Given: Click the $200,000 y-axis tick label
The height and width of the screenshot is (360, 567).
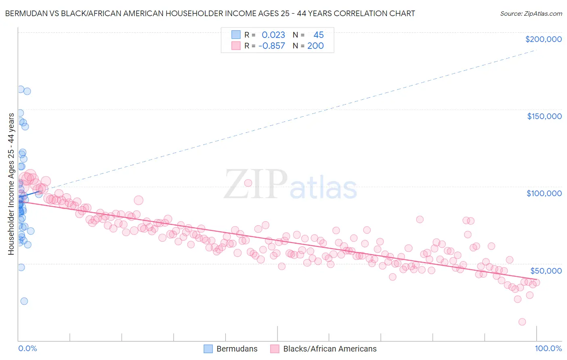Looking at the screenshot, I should (x=543, y=39).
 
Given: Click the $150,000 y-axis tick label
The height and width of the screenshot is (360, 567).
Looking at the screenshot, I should (x=544, y=116).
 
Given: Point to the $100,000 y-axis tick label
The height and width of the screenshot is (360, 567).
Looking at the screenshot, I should (x=544, y=193).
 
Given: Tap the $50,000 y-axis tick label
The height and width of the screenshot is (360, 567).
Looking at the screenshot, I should (x=546, y=270).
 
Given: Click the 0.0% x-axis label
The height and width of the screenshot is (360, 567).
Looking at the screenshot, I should (x=27, y=348).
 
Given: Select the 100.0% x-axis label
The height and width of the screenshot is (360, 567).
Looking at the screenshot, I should (x=548, y=348).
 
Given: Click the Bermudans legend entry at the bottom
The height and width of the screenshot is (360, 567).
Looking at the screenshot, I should (x=237, y=349).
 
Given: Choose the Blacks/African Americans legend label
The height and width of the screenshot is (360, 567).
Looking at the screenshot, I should (x=329, y=349).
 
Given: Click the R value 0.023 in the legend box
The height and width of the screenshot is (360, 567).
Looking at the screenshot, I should (x=273, y=35).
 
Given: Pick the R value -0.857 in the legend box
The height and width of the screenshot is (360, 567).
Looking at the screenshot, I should (x=271, y=46).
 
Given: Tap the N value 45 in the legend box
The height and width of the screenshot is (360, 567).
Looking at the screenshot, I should (x=319, y=35).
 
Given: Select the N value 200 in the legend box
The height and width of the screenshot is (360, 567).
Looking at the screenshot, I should (x=315, y=46).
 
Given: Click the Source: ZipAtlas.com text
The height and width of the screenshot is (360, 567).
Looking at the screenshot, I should (x=531, y=13).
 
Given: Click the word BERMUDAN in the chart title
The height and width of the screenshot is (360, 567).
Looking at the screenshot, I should (x=27, y=13).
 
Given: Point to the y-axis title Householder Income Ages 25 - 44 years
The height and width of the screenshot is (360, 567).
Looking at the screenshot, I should (x=11, y=184).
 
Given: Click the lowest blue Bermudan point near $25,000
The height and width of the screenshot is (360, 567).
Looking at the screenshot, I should (x=24, y=301).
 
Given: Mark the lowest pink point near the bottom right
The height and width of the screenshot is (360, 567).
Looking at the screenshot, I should (x=522, y=322).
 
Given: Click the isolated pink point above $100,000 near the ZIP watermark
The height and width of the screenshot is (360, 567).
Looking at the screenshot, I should (x=248, y=183).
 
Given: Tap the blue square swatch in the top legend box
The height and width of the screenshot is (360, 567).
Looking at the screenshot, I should (x=236, y=35).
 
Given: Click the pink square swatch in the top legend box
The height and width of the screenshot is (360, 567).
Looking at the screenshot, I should (x=236, y=46).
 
